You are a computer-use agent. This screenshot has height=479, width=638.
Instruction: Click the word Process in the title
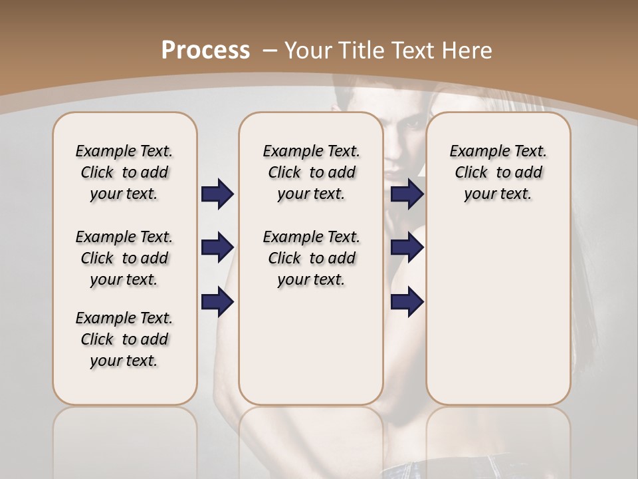(x=205, y=51)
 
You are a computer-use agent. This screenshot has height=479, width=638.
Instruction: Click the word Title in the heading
(x=364, y=51)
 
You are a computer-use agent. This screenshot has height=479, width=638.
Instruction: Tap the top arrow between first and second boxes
(x=217, y=194)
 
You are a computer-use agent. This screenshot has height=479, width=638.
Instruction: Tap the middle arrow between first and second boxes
(x=217, y=248)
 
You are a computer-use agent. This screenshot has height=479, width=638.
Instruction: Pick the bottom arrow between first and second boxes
(x=217, y=302)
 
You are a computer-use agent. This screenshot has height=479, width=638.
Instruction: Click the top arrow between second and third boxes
(x=407, y=194)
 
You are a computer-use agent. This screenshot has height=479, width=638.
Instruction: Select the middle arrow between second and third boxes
(x=407, y=248)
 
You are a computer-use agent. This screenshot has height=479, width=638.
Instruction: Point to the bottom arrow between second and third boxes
(x=407, y=302)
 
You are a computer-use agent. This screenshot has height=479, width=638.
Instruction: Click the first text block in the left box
(x=124, y=172)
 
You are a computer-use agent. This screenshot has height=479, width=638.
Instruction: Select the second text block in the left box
(x=124, y=258)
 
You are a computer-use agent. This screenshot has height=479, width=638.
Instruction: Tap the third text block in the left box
(x=124, y=339)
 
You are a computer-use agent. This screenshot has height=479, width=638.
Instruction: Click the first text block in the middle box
(x=311, y=172)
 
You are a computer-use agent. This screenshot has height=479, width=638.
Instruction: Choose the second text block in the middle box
(x=311, y=258)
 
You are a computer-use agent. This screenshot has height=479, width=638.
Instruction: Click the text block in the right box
(x=498, y=172)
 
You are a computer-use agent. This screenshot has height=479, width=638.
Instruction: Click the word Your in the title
(x=310, y=51)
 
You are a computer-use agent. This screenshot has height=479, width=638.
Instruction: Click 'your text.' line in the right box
(x=498, y=194)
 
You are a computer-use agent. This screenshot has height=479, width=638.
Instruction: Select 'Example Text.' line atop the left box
(x=124, y=151)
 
